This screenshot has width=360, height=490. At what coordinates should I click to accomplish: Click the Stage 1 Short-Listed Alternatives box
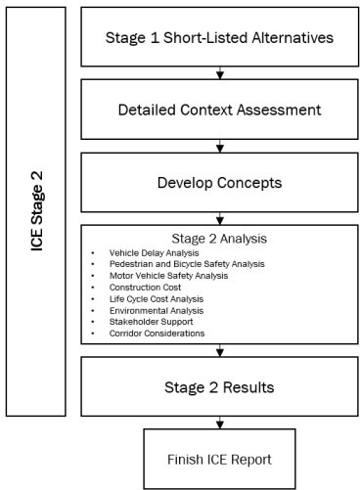[219, 38]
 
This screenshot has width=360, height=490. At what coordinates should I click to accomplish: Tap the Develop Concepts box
[219, 183]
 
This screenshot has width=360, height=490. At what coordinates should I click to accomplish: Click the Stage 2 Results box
[219, 386]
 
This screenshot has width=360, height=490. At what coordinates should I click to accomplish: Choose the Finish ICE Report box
[220, 458]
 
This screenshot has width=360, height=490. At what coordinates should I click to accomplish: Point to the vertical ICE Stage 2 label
[37, 212]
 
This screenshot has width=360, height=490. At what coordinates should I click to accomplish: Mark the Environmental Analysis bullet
[157, 311]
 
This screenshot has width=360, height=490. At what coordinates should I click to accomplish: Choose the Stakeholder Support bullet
[153, 323]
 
